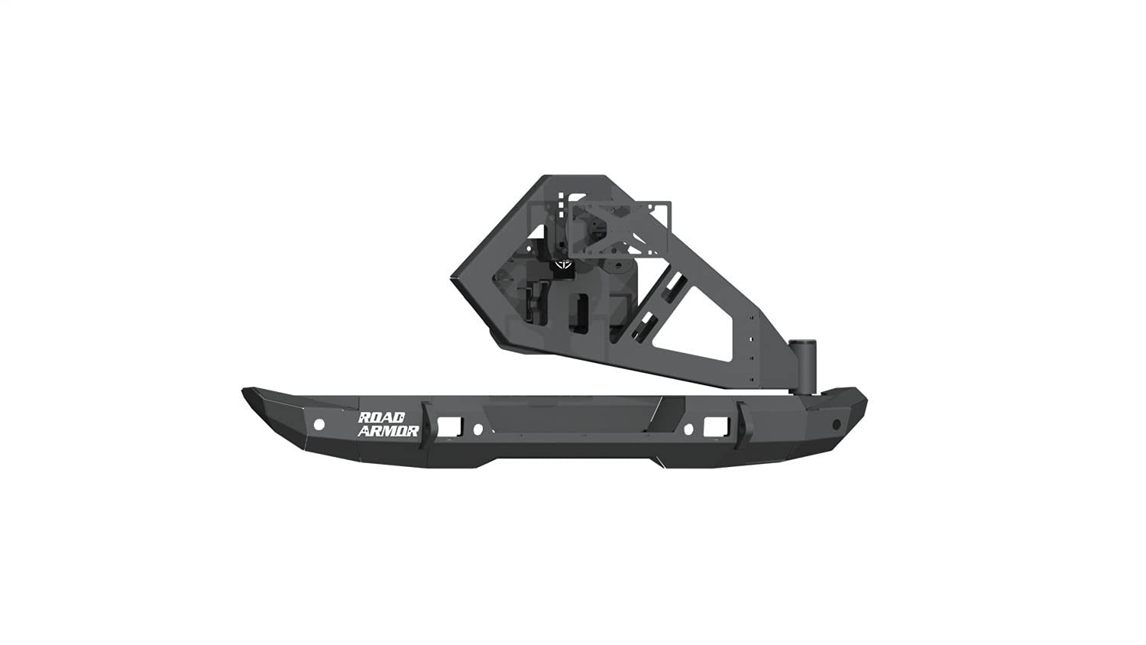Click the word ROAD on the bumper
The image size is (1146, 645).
point(388,417)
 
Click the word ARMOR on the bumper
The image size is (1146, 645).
point(388,431)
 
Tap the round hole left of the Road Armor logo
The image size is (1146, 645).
point(319,424)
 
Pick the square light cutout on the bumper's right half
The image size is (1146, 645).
point(715,424)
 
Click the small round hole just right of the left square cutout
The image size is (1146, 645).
point(477,429)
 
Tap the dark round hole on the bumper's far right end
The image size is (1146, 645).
point(836,424)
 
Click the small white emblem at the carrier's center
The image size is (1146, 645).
point(564,264)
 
